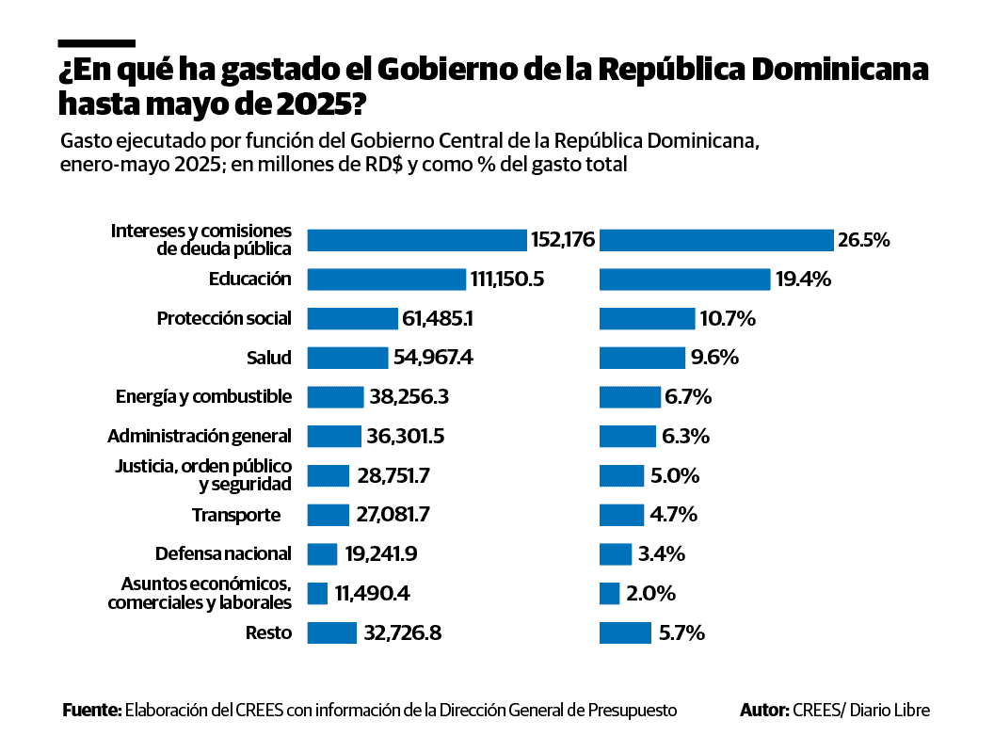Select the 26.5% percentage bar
click(x=716, y=240)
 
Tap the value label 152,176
click(x=563, y=240)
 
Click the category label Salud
click(x=269, y=358)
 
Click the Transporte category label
click(x=236, y=515)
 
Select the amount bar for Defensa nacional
click(x=322, y=554)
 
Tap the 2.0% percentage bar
click(x=609, y=594)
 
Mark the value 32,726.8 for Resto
click(x=402, y=632)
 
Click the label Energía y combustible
click(x=203, y=396)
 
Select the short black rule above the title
click(x=96, y=43)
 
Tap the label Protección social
click(x=224, y=319)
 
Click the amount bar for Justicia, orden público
click(x=328, y=475)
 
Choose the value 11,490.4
click(x=372, y=594)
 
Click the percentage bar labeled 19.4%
click(x=685, y=280)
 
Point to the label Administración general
click(x=200, y=437)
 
